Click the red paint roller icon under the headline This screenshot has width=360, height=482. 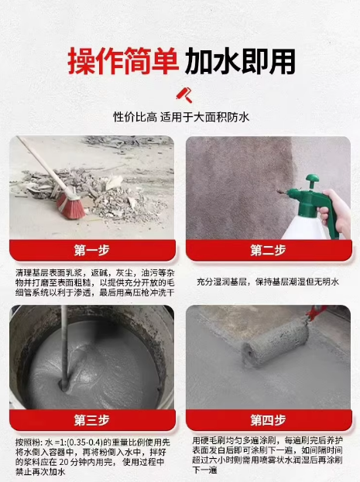[x=184, y=94]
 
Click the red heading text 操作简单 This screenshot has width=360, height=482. [x=123, y=61]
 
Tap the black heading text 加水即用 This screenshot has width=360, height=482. [x=240, y=61]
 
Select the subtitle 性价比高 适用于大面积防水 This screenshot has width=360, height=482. [x=181, y=117]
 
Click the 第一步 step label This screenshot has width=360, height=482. [x=91, y=250]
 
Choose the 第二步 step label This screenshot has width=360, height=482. [x=268, y=250]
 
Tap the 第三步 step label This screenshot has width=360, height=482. [x=91, y=420]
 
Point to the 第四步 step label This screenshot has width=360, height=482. [x=268, y=420]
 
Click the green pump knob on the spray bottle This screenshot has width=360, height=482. [x=312, y=180]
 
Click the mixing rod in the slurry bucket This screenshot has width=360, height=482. [x=64, y=347]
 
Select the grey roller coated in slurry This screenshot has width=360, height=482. [x=275, y=342]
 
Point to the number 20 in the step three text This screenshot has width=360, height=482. [x=63, y=462]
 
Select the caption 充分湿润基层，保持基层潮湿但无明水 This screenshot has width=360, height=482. [x=268, y=282]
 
